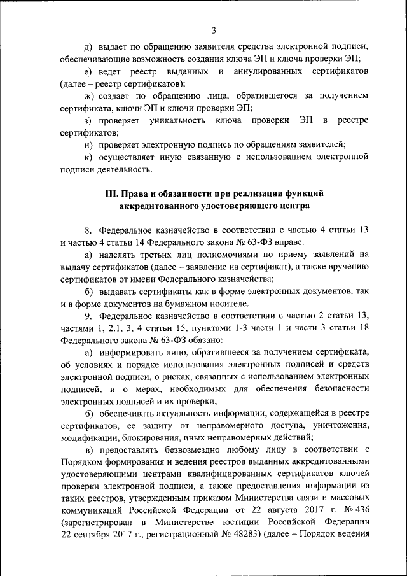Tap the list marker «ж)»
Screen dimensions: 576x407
88,95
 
